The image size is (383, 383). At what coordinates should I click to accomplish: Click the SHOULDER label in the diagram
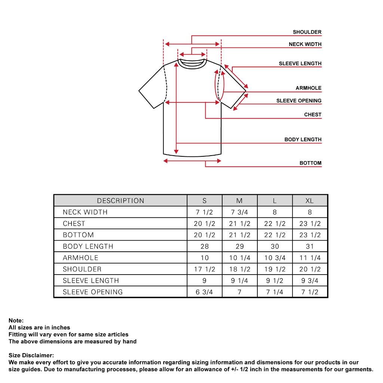coord(307,32)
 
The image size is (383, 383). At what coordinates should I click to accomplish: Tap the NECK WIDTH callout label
coord(305,44)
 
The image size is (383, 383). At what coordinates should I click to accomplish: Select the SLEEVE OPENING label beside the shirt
coord(299,101)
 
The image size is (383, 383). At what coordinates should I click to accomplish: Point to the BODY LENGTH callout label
coord(303,140)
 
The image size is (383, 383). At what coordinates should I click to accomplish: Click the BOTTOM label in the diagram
coord(310,163)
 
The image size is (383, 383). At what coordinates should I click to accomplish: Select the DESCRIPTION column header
coord(120,201)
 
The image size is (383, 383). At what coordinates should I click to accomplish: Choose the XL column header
coord(310,201)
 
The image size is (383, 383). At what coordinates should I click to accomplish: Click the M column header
coord(240,201)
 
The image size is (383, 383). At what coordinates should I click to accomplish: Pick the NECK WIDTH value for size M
coord(240,212)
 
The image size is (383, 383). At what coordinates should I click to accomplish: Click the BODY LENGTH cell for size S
coord(205,246)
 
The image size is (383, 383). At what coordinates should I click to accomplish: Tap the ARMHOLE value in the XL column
coord(310,258)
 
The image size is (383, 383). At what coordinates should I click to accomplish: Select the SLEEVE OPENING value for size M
coord(240,292)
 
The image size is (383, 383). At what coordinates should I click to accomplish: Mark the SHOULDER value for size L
coord(275,269)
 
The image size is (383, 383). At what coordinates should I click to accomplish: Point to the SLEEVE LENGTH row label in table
coord(91,281)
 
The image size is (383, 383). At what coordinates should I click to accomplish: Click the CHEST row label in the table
coord(74,224)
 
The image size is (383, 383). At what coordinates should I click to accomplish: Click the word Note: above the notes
coord(16,321)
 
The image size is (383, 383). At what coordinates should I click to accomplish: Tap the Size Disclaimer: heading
coord(31,355)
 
